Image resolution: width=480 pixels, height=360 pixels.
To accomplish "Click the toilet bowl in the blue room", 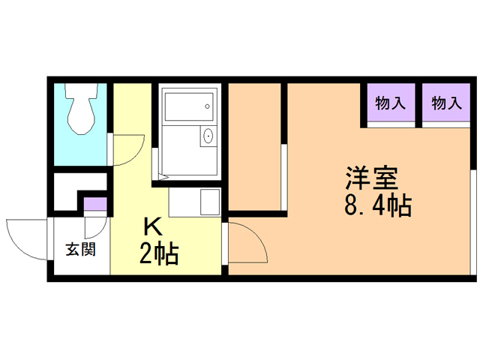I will (x=80, y=116).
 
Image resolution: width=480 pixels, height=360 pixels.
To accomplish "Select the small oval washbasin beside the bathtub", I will (x=208, y=136).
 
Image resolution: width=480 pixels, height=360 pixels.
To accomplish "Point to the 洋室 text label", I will (x=371, y=178).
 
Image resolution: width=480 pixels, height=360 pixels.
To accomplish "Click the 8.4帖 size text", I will (x=378, y=204).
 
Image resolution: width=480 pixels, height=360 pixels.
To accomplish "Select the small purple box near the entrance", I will (x=95, y=204).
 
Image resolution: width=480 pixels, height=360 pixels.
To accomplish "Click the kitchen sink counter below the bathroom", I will (x=193, y=201).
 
